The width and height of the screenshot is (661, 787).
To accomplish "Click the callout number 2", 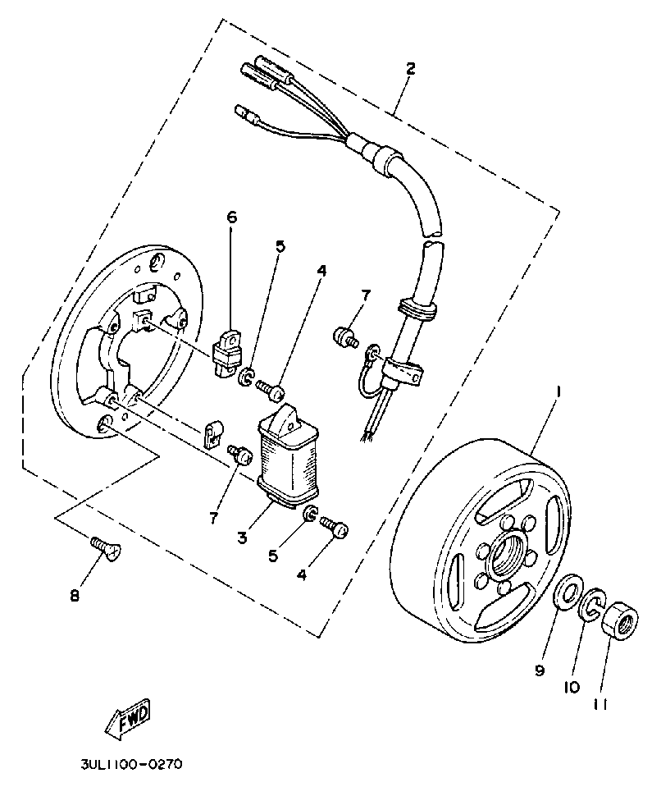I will pos(410,68).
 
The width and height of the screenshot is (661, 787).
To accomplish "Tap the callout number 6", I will pos(231,217).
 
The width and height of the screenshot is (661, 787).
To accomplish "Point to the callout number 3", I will pos(243,538).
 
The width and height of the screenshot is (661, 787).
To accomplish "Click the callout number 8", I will pos(75,596).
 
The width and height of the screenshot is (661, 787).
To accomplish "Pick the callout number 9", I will pos(540,671).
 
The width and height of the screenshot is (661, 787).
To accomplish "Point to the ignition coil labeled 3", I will pos(288,460).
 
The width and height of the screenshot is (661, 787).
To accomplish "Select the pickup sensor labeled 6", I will pos(227,350).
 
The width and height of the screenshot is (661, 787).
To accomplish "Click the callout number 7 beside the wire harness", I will pos(366,295).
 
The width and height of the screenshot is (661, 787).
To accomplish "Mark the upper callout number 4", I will pos(321,270).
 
